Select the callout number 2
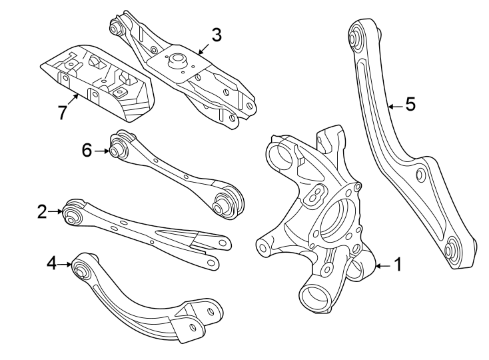point(42,212)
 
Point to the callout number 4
point(52,265)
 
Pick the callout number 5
point(410,105)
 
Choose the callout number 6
point(87,151)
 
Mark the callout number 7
point(62,113)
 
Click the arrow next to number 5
point(394,105)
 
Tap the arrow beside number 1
point(382,266)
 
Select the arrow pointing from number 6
point(101,151)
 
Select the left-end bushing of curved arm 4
point(81,271)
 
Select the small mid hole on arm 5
point(420,175)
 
